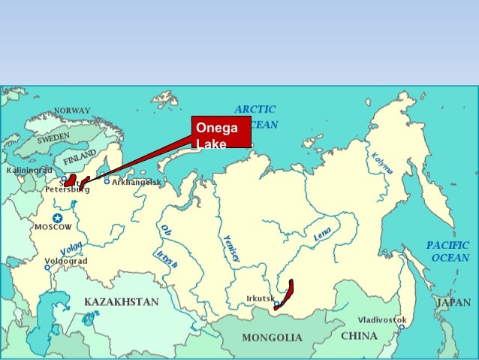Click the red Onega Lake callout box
click(x=220, y=132)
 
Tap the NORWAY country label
click(x=71, y=111)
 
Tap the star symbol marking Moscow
click(x=57, y=218)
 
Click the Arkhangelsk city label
click(x=136, y=182)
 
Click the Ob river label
click(x=165, y=232)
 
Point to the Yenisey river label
click(x=231, y=247)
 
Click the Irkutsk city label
click(x=261, y=298)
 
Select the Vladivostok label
click(x=382, y=319)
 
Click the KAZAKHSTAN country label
click(x=121, y=301)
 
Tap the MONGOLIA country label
click(x=272, y=337)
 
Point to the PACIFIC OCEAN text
click(x=447, y=251)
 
